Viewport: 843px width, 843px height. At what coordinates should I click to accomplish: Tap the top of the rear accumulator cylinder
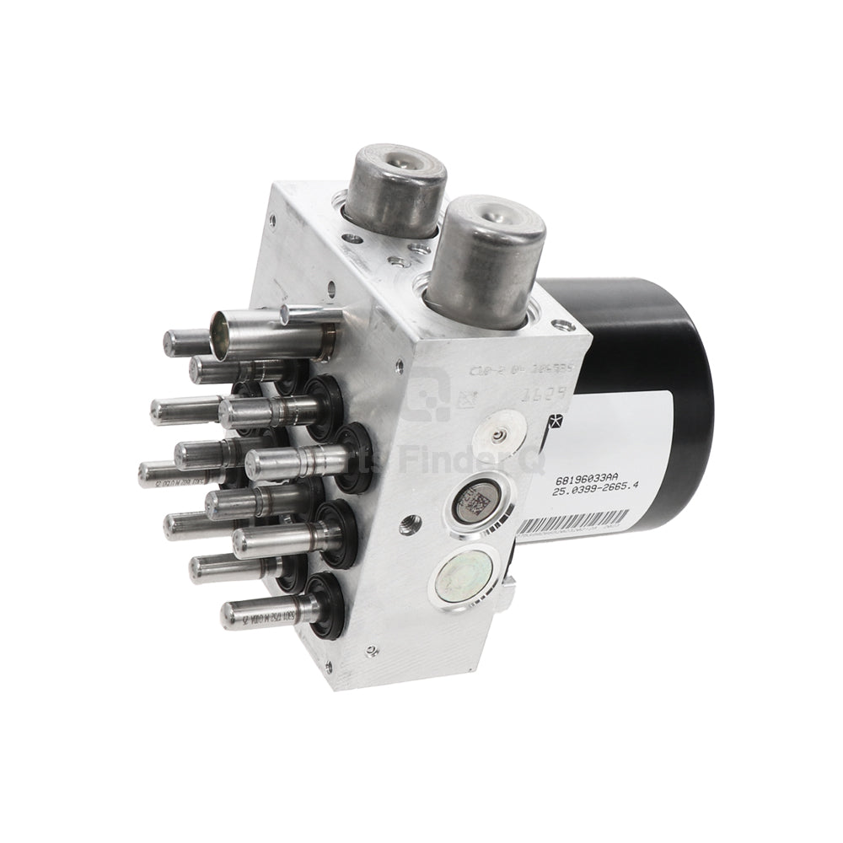(x=396, y=162)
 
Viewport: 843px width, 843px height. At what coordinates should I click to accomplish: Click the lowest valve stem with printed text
(x=261, y=614)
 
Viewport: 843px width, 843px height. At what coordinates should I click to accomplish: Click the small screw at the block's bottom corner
(x=371, y=650)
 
